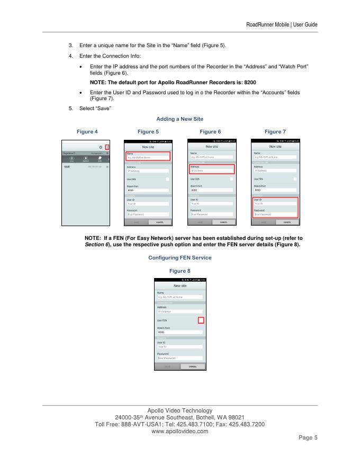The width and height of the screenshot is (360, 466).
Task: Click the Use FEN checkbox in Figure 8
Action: point(201,320)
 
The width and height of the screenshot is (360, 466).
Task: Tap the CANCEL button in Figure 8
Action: point(193,366)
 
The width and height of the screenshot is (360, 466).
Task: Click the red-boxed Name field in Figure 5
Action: point(148,156)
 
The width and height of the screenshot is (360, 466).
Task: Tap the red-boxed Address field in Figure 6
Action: point(212,169)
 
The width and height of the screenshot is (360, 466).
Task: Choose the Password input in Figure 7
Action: point(275,214)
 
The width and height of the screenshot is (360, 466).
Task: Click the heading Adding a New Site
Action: point(180,119)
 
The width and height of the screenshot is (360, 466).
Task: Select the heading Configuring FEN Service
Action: point(180,257)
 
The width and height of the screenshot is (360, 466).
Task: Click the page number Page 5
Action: point(306,438)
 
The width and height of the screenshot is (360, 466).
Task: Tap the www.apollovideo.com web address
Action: point(180,431)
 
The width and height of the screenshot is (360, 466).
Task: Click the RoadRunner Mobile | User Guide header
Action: point(282,24)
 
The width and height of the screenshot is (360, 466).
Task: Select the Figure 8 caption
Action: point(180,271)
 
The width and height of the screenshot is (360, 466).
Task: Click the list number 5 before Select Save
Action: point(70,109)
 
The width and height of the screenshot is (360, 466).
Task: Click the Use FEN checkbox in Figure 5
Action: point(168,180)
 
